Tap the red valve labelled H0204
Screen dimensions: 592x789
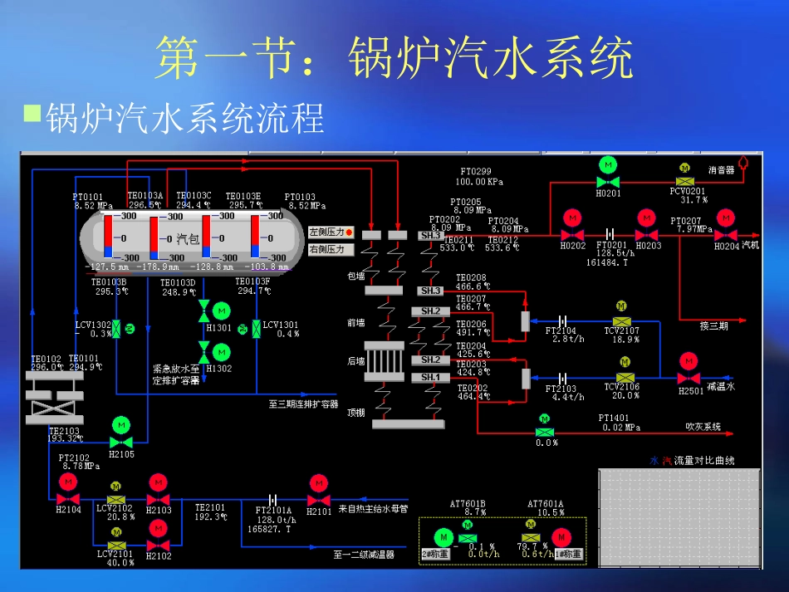pos(726,235)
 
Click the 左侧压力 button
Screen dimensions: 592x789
pos(331,232)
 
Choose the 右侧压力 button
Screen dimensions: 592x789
pos(331,249)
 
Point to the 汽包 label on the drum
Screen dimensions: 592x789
pos(188,239)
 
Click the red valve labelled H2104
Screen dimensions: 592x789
pos(68,498)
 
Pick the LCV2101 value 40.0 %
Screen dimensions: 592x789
pos(120,563)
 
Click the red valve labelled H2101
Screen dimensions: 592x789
pos(318,499)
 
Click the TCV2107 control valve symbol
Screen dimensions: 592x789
pos(621,321)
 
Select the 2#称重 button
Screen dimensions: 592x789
pos(435,554)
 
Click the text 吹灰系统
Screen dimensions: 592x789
pos(703,428)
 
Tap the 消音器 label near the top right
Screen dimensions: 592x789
pos(721,169)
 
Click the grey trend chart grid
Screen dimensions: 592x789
pos(679,517)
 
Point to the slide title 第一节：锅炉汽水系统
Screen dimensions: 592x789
pos(394,58)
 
